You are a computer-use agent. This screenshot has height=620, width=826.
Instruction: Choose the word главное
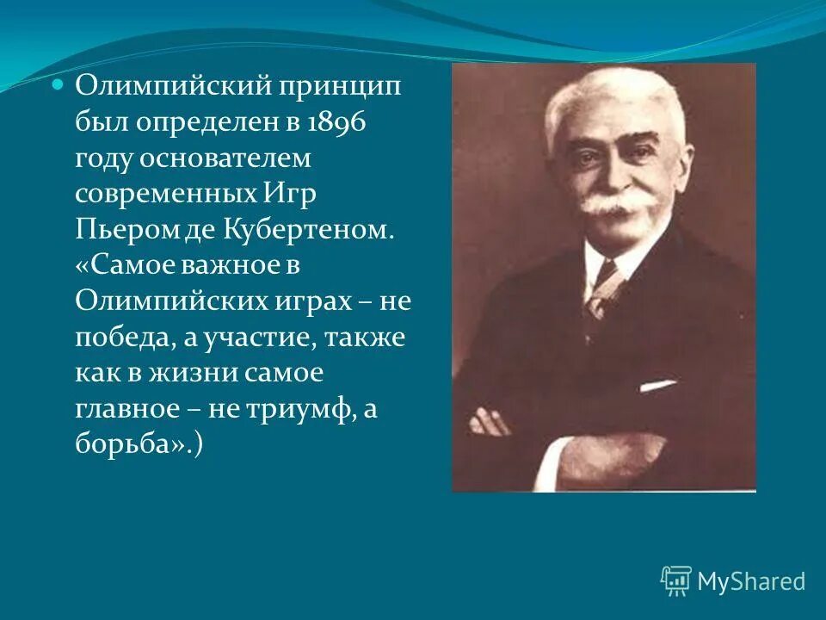click(x=127, y=410)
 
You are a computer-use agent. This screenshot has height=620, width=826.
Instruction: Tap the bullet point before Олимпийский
click(x=59, y=86)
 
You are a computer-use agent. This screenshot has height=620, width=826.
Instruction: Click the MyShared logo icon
click(x=675, y=581)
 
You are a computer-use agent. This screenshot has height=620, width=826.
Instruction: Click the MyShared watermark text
click(x=751, y=582)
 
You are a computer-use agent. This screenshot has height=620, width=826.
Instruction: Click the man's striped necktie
click(x=602, y=288)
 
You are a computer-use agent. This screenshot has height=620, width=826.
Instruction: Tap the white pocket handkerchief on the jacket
click(x=657, y=386)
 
